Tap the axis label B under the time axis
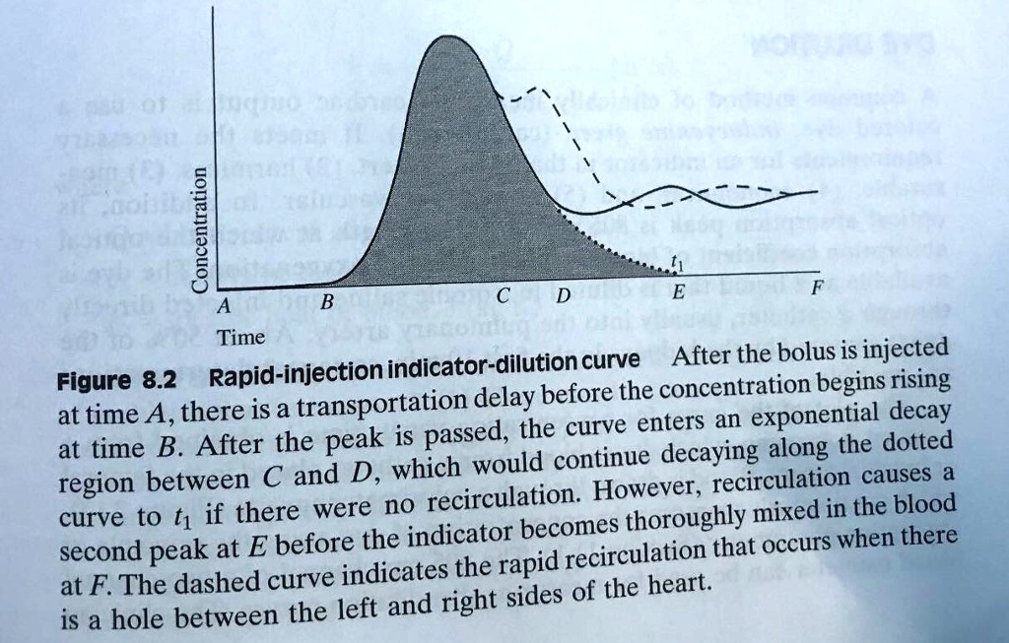pyautogui.click(x=328, y=300)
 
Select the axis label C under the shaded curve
pyautogui.click(x=503, y=295)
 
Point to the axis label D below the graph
pyautogui.click(x=563, y=296)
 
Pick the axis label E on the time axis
pyautogui.click(x=677, y=292)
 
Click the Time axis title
pyautogui.click(x=240, y=338)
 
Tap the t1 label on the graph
pyautogui.click(x=673, y=262)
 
